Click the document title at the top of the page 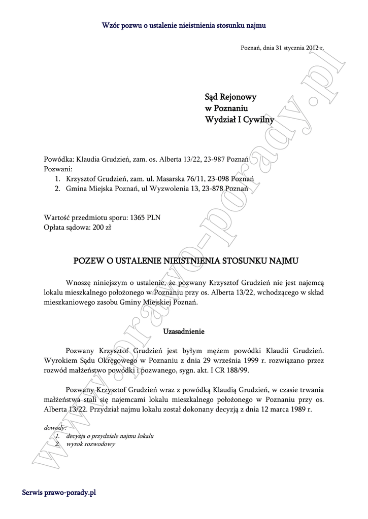coord(184,24)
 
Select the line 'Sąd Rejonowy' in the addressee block coord(230,96)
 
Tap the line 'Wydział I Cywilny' coord(239,120)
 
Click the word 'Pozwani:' coord(58,169)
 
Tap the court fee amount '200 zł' coord(102,227)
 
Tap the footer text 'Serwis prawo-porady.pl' coord(59,492)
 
